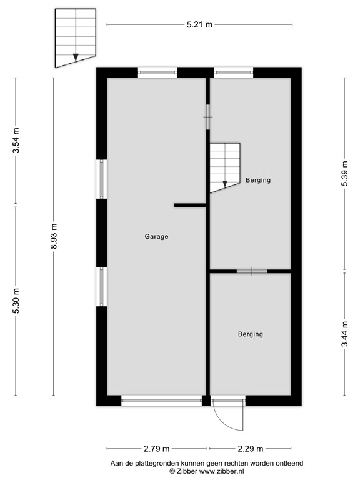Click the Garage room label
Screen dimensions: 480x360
point(156,237)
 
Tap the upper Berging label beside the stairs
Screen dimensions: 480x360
point(258,180)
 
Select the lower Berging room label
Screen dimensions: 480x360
point(250,334)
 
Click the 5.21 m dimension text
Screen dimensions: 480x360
point(199,24)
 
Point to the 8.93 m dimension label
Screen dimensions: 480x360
point(54,237)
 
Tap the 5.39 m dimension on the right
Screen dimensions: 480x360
point(344,182)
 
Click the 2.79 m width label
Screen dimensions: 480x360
point(157,449)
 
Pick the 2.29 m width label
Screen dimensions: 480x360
point(250,449)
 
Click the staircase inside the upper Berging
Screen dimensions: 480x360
point(224,166)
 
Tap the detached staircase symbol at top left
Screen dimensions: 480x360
point(75,37)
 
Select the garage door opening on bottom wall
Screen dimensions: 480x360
point(161,401)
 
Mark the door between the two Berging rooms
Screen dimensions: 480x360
point(251,271)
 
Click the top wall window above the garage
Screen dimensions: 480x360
point(157,72)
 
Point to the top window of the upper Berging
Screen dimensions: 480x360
point(233,72)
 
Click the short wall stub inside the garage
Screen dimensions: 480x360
point(190,205)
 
